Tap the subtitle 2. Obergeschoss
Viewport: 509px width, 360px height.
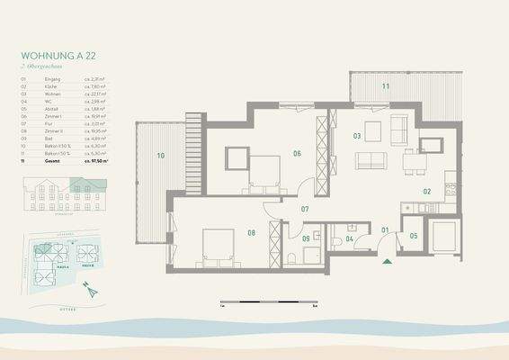tap(40, 67)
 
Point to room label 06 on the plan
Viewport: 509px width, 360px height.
tap(296, 154)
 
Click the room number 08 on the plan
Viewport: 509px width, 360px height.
tap(252, 234)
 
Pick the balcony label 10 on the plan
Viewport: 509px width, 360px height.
tap(160, 156)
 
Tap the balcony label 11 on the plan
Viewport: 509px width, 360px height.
tap(385, 86)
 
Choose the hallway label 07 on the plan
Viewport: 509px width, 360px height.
tap(305, 210)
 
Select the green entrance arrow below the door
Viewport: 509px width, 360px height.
tap(388, 262)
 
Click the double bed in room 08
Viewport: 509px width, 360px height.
tap(218, 246)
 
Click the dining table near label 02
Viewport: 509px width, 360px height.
tap(412, 163)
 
